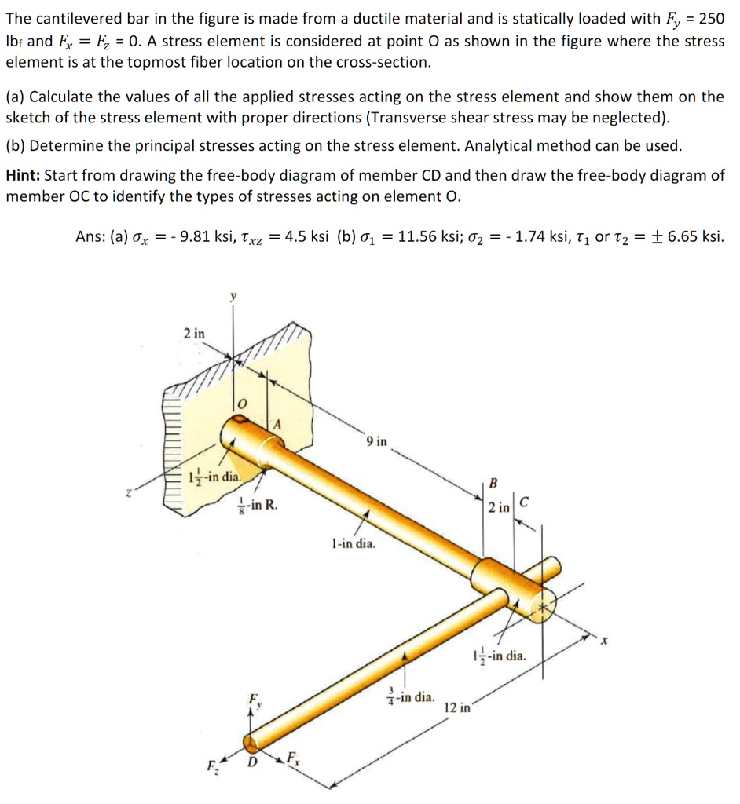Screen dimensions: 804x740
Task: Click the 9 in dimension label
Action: (376, 441)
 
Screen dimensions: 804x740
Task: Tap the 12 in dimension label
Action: (457, 707)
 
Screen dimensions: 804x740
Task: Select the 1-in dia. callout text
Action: (354, 542)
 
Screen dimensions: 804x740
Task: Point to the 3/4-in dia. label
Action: (410, 696)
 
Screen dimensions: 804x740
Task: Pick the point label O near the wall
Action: (242, 403)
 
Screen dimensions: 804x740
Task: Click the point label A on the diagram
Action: (276, 425)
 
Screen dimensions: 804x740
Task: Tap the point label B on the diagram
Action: (493, 482)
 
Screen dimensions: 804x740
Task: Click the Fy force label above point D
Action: (253, 698)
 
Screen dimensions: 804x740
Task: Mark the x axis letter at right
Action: (605, 641)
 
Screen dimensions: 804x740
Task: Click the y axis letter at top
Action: (232, 297)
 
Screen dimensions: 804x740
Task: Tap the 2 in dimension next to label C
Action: (498, 507)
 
